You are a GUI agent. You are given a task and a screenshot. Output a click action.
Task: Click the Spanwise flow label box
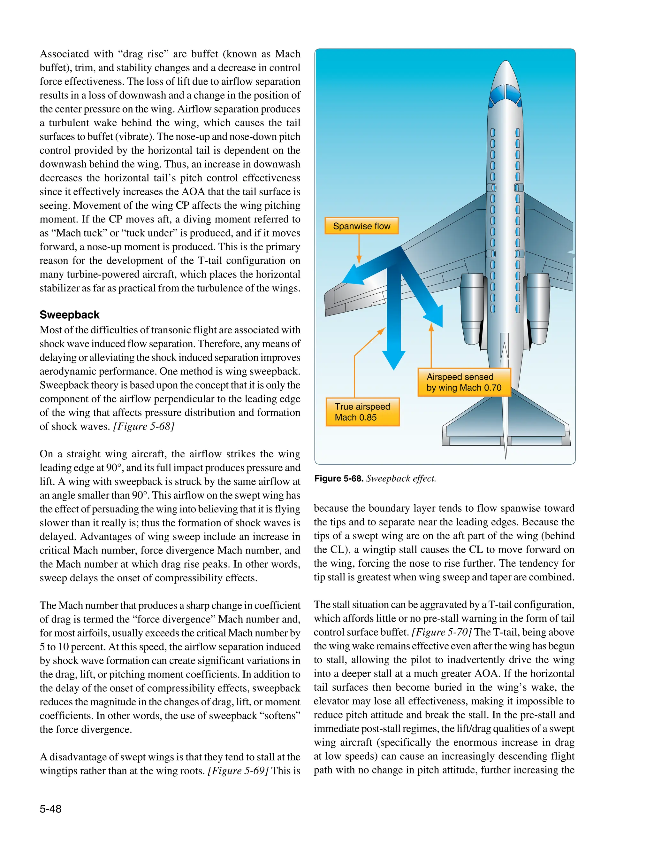[361, 226]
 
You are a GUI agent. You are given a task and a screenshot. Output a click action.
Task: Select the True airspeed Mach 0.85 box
[362, 412]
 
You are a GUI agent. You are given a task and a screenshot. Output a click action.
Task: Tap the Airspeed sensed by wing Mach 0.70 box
[464, 382]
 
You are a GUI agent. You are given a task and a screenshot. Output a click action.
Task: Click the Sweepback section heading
[69, 315]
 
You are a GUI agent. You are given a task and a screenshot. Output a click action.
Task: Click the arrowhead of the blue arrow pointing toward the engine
[435, 315]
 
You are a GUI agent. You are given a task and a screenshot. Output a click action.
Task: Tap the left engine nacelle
[472, 308]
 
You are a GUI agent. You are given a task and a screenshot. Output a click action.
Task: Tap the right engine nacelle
[538, 308]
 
